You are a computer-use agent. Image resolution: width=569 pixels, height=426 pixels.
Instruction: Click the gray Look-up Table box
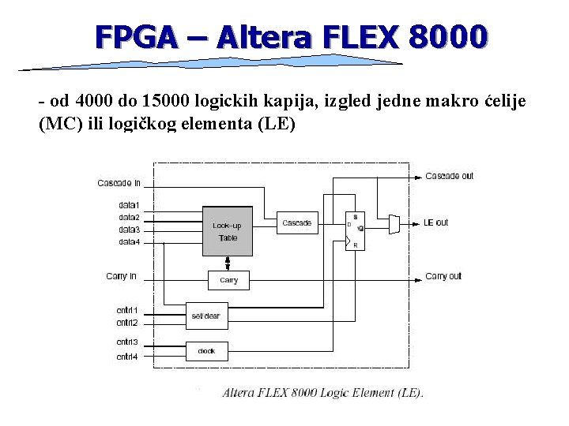tap(228, 231)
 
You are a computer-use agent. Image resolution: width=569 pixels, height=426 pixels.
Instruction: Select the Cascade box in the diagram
tap(296, 222)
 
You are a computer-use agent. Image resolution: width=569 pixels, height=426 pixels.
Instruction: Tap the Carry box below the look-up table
tap(228, 280)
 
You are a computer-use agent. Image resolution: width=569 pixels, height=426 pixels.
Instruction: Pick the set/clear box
tap(206, 316)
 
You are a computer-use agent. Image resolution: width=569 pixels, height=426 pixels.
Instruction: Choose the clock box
tap(206, 351)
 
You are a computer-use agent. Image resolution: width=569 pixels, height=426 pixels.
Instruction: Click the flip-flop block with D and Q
tap(355, 230)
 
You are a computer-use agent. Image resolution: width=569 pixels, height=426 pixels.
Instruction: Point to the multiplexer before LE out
tap(394, 223)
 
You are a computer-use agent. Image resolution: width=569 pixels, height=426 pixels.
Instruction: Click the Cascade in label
tap(119, 183)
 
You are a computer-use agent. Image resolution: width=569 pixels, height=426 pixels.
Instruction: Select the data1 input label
tap(129, 206)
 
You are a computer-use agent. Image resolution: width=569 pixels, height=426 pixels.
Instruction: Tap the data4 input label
tap(129, 241)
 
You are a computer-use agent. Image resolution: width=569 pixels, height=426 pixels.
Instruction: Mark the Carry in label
tap(121, 276)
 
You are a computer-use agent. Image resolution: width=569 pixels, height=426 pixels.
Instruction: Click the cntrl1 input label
tap(126, 310)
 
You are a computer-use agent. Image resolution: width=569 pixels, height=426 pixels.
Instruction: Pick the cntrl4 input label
tap(126, 357)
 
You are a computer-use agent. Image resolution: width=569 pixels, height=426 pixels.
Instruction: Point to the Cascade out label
tap(449, 176)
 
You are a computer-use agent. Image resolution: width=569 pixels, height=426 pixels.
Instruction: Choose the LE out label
tap(436, 222)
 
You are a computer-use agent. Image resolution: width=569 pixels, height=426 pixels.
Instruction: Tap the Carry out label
tap(443, 276)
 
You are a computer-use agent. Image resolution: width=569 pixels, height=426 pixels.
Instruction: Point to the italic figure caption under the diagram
tap(322, 392)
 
